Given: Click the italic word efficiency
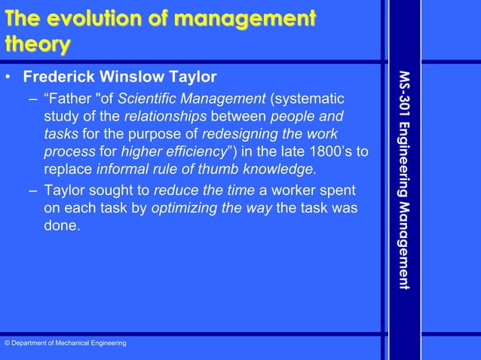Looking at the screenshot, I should (x=185, y=151).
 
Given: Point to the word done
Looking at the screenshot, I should (x=60, y=224).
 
